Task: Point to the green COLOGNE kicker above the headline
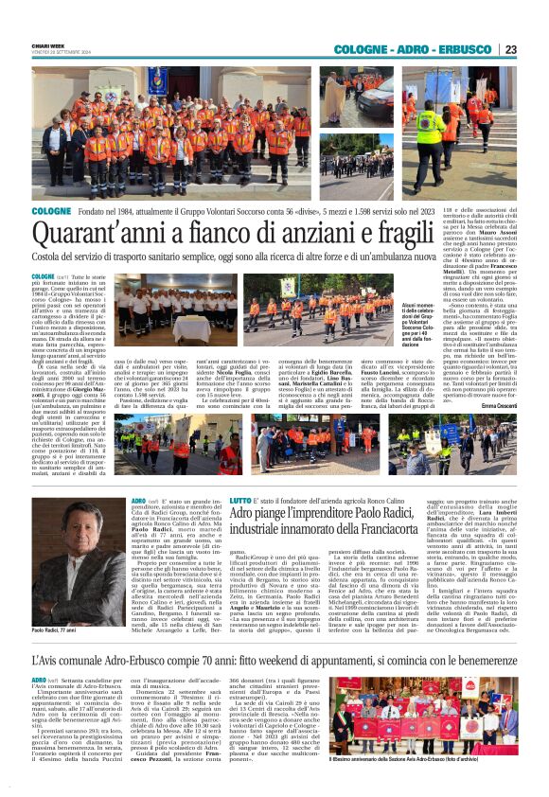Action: pos(51,211)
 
